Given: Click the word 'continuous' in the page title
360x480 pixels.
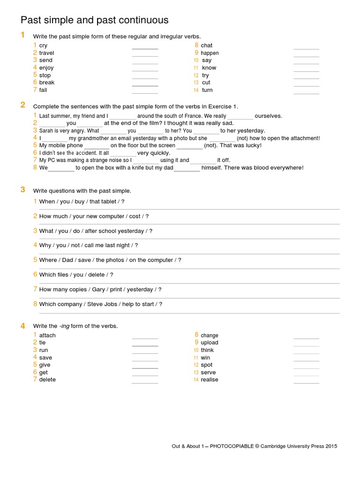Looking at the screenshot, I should pyautogui.click(x=142, y=20).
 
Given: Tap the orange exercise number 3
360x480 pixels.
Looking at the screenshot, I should pyautogui.click(x=22, y=189).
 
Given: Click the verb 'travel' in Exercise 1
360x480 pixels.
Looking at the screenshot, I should pyautogui.click(x=46, y=53).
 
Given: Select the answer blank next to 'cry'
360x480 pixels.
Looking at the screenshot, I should pyautogui.click(x=145, y=47).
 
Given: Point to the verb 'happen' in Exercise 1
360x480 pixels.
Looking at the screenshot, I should pyautogui.click(x=210, y=53).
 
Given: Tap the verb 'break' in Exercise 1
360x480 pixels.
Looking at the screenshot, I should pyautogui.click(x=47, y=82).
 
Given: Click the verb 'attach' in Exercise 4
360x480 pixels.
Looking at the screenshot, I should pyautogui.click(x=47, y=335).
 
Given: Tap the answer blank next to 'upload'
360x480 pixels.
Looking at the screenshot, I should pyautogui.click(x=306, y=345).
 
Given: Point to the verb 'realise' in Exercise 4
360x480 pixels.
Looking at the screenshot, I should pyautogui.click(x=210, y=380).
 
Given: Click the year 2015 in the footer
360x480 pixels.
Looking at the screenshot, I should pyautogui.click(x=330, y=446).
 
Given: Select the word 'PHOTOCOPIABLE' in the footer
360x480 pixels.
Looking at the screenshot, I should pyautogui.click(x=232, y=446).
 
